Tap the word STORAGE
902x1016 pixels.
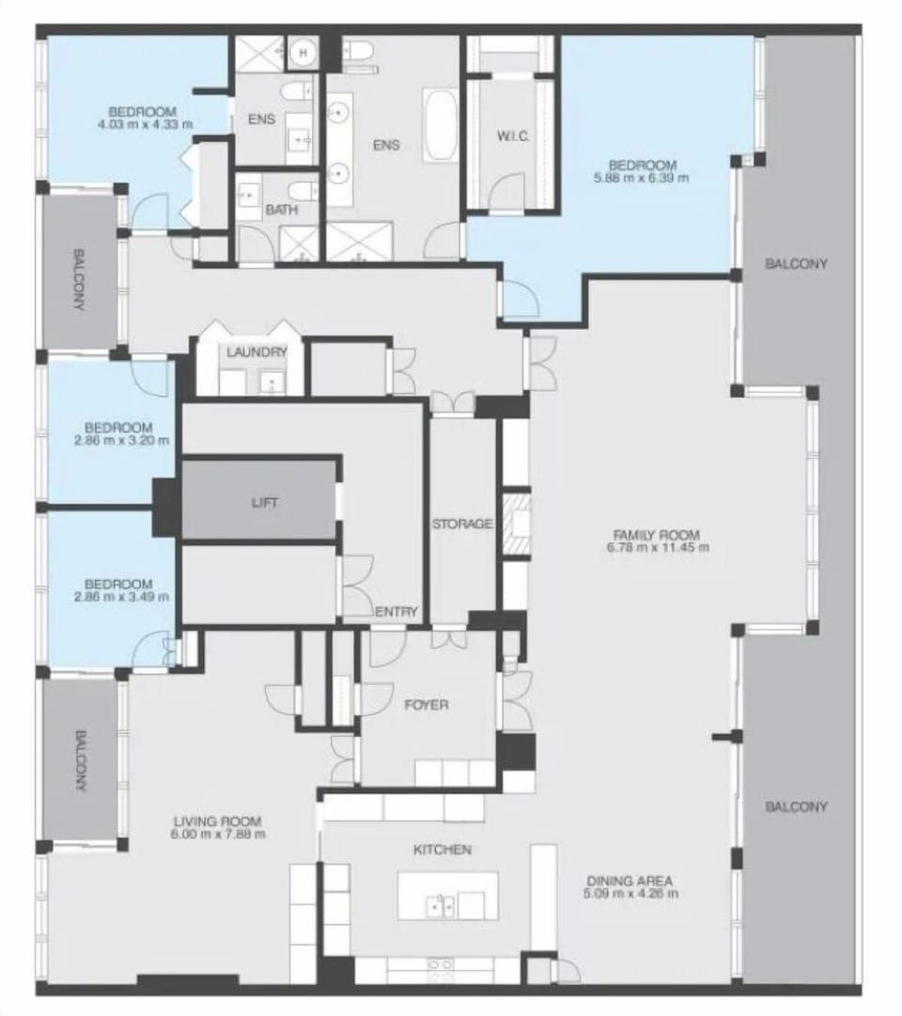point(462,524)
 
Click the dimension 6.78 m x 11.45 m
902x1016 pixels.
point(657,547)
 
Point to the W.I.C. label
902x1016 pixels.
point(513,137)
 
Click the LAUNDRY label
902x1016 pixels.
point(256,352)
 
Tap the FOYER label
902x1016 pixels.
point(426,704)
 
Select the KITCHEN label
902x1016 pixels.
point(443,850)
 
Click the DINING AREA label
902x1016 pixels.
point(630,881)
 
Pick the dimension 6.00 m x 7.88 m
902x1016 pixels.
point(217,833)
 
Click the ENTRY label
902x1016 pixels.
point(397,612)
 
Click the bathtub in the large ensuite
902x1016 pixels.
point(441,124)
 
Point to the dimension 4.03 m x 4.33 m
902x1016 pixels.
point(145,123)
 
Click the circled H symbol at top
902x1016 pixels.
point(303,53)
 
